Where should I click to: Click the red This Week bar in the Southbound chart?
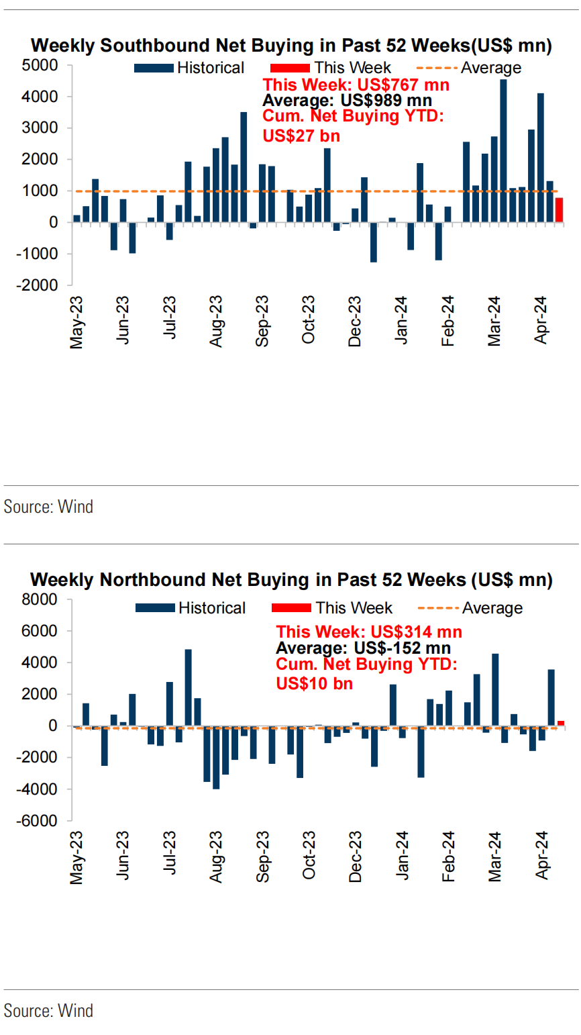pyautogui.click(x=559, y=209)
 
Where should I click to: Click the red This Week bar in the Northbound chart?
pyautogui.click(x=561, y=723)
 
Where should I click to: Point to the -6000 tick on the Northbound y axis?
pyautogui.click(x=41, y=821)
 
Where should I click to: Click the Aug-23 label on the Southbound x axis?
pyautogui.click(x=215, y=322)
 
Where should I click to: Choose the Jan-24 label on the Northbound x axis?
pyautogui.click(x=402, y=860)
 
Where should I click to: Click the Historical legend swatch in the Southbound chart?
pyautogui.click(x=154, y=68)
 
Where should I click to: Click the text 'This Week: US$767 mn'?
pyautogui.click(x=356, y=85)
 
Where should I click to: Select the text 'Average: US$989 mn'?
pyautogui.click(x=347, y=101)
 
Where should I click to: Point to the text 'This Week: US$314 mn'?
pyautogui.click(x=369, y=632)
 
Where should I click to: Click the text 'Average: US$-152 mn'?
pyautogui.click(x=363, y=648)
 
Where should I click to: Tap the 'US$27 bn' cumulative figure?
pyautogui.click(x=301, y=136)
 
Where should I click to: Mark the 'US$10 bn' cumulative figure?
pyautogui.click(x=315, y=683)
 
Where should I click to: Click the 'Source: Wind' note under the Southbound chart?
pyautogui.click(x=48, y=506)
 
